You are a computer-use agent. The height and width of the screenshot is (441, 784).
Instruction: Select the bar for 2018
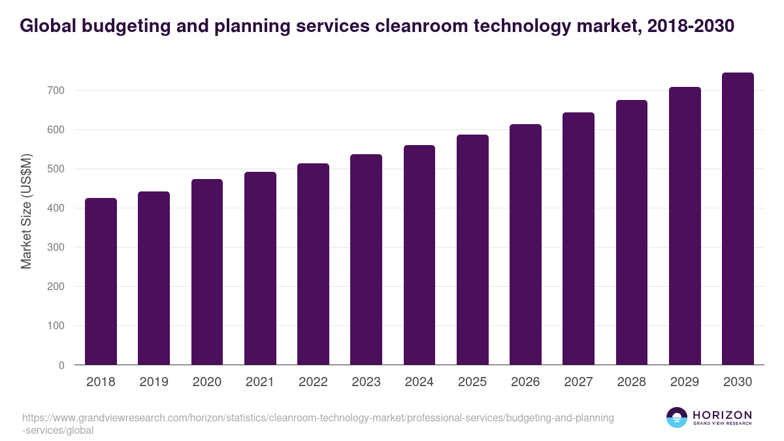coord(101,282)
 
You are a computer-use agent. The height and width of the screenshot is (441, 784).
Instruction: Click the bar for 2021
coord(260,269)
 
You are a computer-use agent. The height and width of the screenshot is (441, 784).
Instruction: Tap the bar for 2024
coord(419,255)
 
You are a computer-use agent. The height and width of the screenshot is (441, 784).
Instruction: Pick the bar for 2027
coord(578,238)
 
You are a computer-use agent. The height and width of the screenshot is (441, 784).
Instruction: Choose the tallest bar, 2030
coord(738,219)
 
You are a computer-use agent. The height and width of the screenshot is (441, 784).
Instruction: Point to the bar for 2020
coord(207,272)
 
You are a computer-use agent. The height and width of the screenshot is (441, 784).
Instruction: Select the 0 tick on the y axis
coord(61,365)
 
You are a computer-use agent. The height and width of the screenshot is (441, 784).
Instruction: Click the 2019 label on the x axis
coord(154,382)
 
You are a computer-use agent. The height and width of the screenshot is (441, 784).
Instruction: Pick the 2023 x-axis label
coord(366,382)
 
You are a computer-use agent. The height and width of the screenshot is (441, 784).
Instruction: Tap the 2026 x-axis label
coord(525,382)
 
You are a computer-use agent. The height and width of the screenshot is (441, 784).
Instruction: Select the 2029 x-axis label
coord(685,382)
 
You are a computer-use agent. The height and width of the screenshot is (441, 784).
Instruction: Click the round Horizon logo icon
coord(677,417)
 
